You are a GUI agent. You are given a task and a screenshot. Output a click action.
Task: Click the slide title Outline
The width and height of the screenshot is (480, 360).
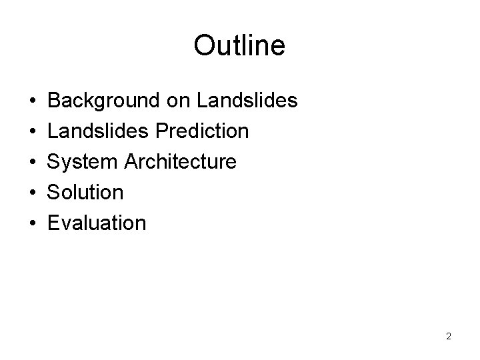239,45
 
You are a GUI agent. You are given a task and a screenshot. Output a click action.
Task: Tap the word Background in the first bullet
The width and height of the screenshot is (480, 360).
103,101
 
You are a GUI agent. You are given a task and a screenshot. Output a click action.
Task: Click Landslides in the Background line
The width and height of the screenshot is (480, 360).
247,101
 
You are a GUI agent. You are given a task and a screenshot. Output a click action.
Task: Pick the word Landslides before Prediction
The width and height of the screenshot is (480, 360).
99,131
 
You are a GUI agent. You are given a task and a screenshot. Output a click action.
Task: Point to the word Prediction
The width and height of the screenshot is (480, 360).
202,131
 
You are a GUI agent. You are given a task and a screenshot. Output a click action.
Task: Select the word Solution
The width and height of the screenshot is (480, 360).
86,193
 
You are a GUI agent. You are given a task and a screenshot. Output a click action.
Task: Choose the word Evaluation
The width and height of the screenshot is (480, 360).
97,223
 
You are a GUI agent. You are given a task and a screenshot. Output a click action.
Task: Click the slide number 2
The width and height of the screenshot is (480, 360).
449,336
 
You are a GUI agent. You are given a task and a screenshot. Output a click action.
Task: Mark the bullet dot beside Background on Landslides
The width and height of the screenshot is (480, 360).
33,101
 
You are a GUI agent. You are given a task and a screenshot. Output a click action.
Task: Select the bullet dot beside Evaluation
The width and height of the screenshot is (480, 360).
33,223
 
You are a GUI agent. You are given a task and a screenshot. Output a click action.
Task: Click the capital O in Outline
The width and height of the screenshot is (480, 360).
203,45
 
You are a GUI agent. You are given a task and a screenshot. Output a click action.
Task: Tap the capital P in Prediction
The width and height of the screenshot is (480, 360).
162,131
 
